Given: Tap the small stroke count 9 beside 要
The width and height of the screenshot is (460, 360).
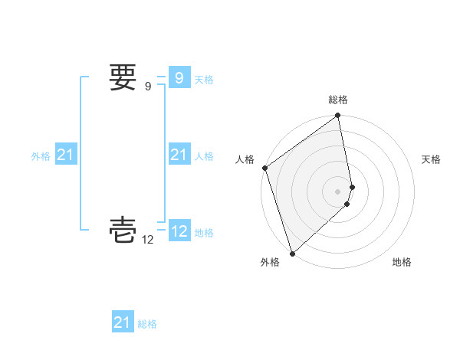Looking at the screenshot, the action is click(x=148, y=87).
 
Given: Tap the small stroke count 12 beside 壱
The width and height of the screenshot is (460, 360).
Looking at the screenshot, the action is click(x=148, y=240).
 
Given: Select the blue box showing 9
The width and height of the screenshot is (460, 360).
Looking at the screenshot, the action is click(x=179, y=78).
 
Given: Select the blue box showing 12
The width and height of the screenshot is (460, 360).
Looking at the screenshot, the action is click(x=179, y=231).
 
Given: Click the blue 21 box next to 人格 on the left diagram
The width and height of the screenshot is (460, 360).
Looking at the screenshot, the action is click(x=179, y=155).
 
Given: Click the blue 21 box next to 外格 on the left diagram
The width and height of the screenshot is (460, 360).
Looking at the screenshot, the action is click(x=65, y=155).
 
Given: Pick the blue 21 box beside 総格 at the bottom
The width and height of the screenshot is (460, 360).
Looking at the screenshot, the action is click(x=122, y=322).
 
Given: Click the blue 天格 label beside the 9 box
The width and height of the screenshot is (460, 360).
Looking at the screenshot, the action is click(x=204, y=80).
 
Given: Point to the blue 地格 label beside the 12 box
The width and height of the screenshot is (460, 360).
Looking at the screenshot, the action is click(x=204, y=233).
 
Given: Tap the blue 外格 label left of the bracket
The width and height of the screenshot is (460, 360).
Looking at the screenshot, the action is click(x=41, y=156).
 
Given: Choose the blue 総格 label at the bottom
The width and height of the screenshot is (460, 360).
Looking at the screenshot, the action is click(x=147, y=324).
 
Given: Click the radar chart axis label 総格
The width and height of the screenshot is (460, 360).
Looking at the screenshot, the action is click(x=338, y=100).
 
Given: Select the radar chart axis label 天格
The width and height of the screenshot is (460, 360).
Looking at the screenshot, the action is click(x=432, y=159).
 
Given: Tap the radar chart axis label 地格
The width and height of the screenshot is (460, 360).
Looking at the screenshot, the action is click(x=402, y=262).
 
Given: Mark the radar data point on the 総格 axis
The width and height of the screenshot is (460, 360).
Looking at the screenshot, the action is click(x=338, y=116).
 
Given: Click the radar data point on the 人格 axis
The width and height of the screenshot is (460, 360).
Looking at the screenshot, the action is click(x=265, y=168).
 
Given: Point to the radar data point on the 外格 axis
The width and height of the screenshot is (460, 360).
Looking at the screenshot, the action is click(x=293, y=253).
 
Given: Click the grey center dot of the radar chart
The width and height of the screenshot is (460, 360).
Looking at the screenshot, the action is click(x=338, y=191).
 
